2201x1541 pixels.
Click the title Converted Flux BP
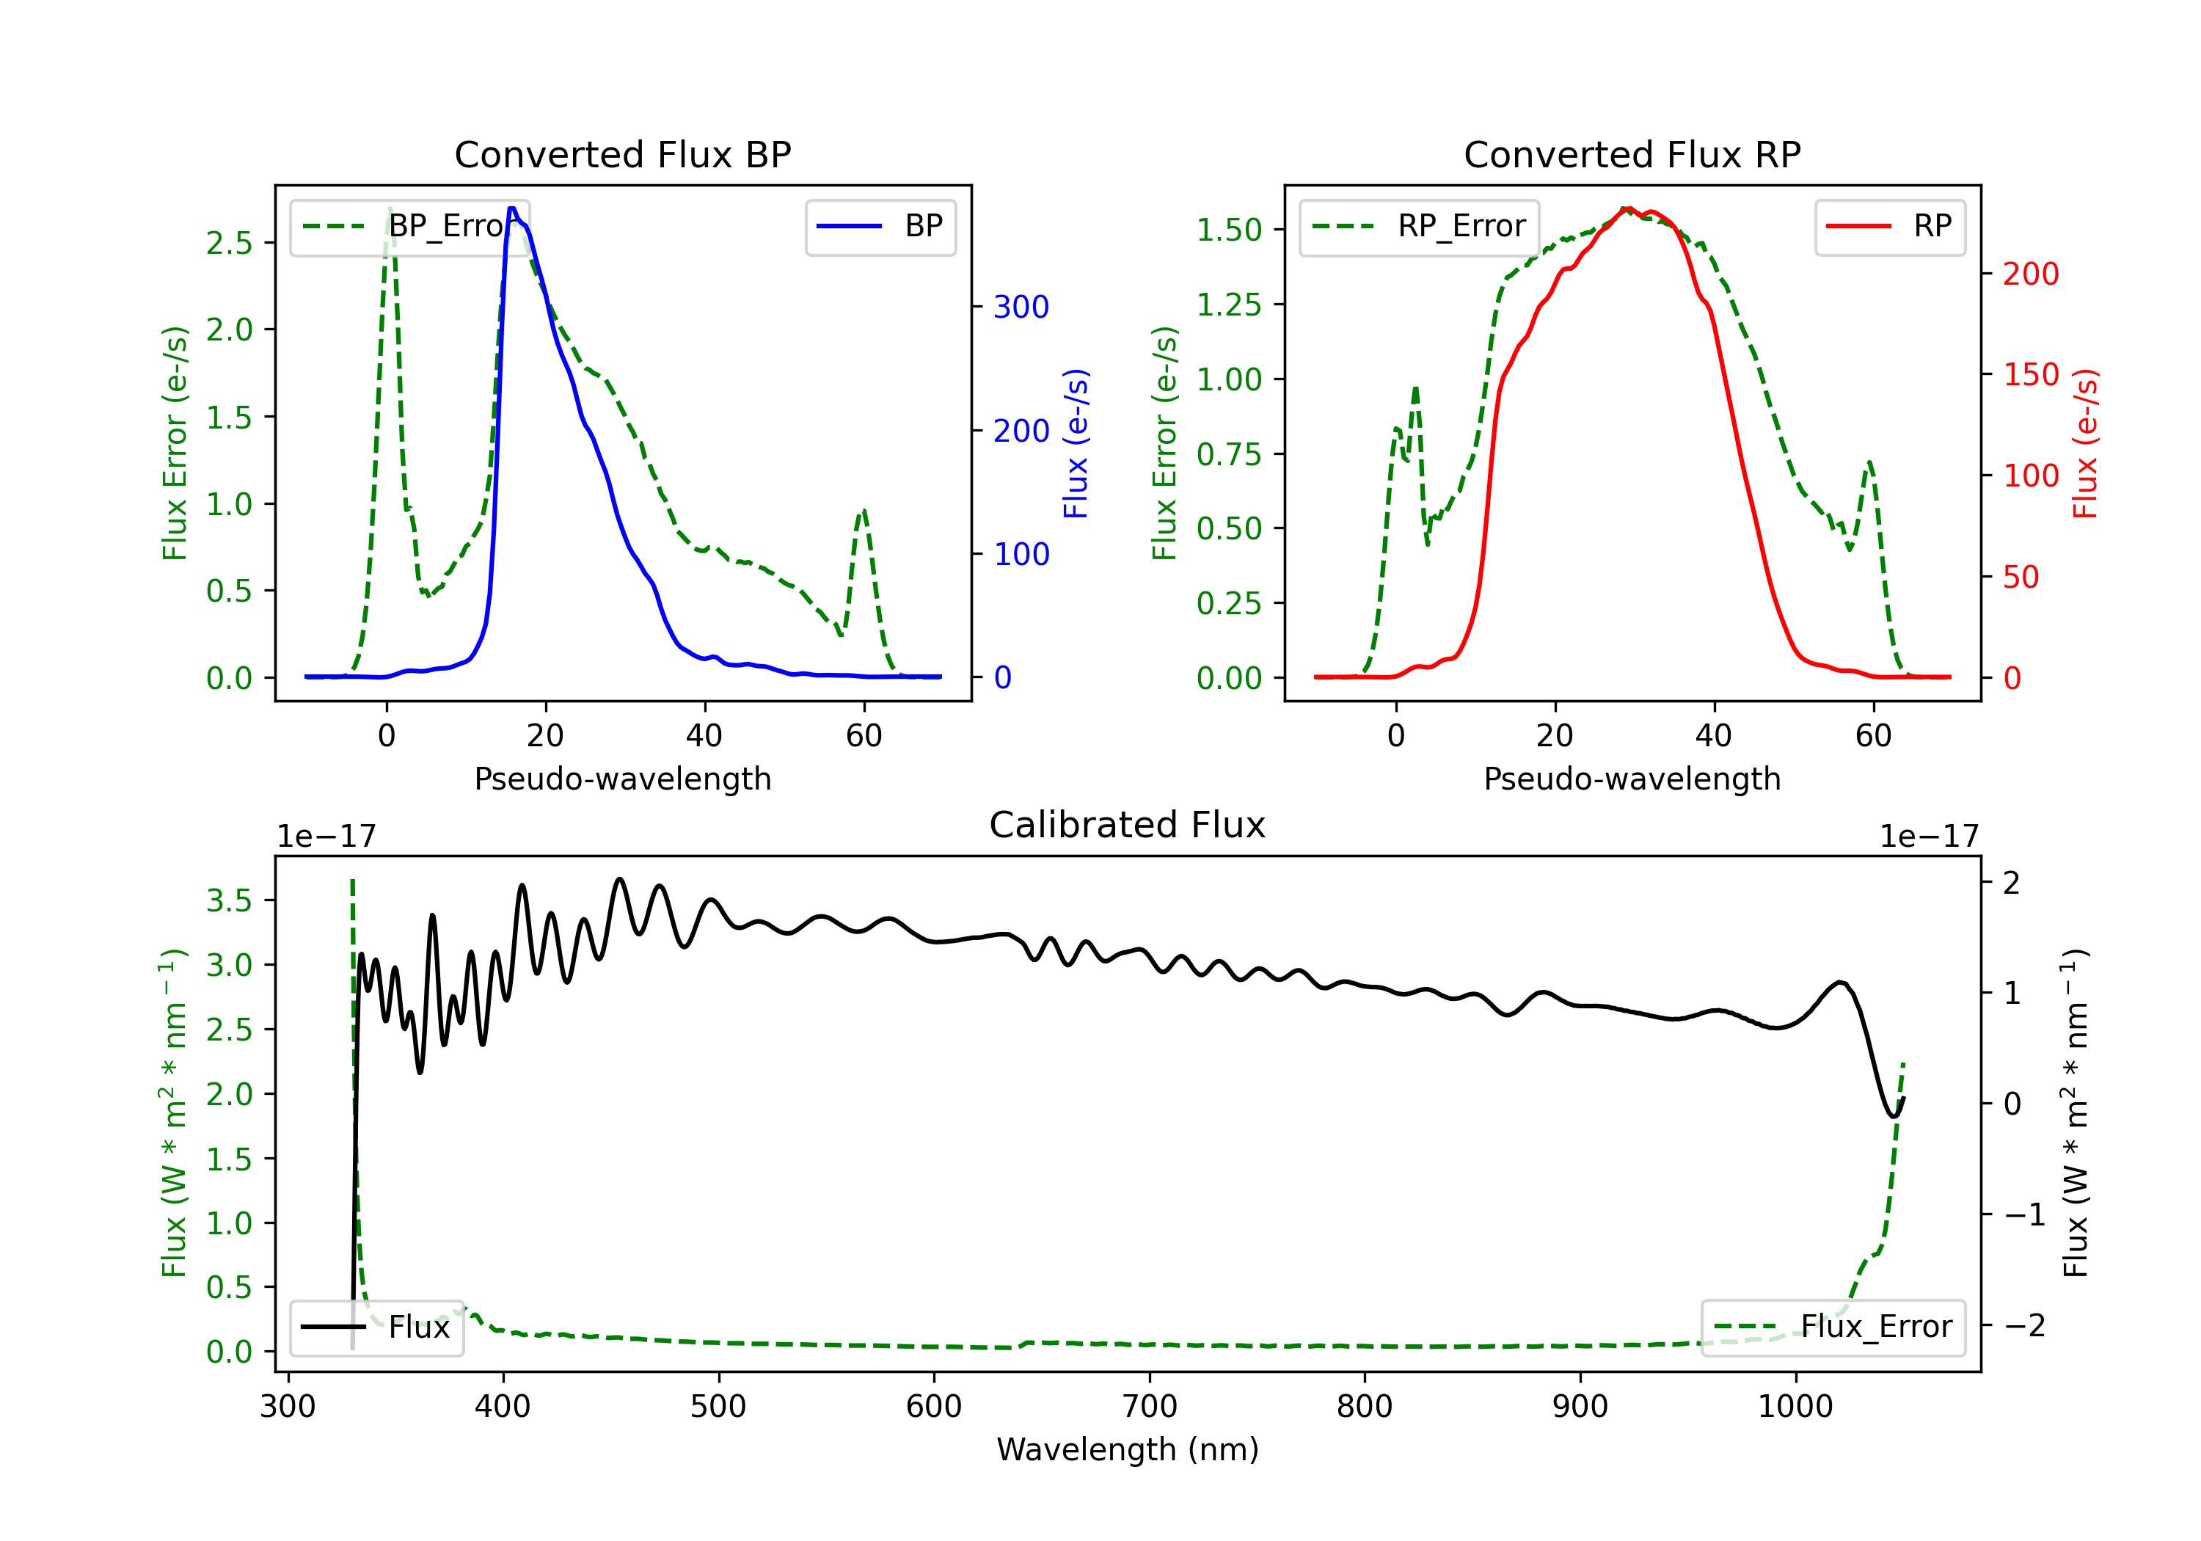[622, 154]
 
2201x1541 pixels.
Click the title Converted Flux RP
[1632, 154]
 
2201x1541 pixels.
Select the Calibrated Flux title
[1128, 825]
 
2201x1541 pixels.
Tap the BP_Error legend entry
[409, 226]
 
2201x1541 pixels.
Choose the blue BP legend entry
[880, 226]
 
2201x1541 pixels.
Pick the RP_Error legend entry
[1419, 226]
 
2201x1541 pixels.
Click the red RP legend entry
[1888, 226]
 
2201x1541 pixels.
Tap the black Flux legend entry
[376, 1327]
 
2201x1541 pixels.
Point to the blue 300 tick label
[1021, 307]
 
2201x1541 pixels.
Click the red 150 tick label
[2030, 374]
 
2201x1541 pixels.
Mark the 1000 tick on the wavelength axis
[1795, 1406]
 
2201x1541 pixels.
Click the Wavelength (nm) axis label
[1128, 1449]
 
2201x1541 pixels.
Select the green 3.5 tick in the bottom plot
[229, 900]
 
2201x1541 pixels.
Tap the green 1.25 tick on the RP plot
[1229, 305]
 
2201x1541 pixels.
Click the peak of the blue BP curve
[513, 208]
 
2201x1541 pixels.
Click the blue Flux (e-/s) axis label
[1076, 443]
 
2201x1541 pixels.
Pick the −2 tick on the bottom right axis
[2023, 1325]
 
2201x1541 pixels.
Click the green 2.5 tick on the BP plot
[229, 243]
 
